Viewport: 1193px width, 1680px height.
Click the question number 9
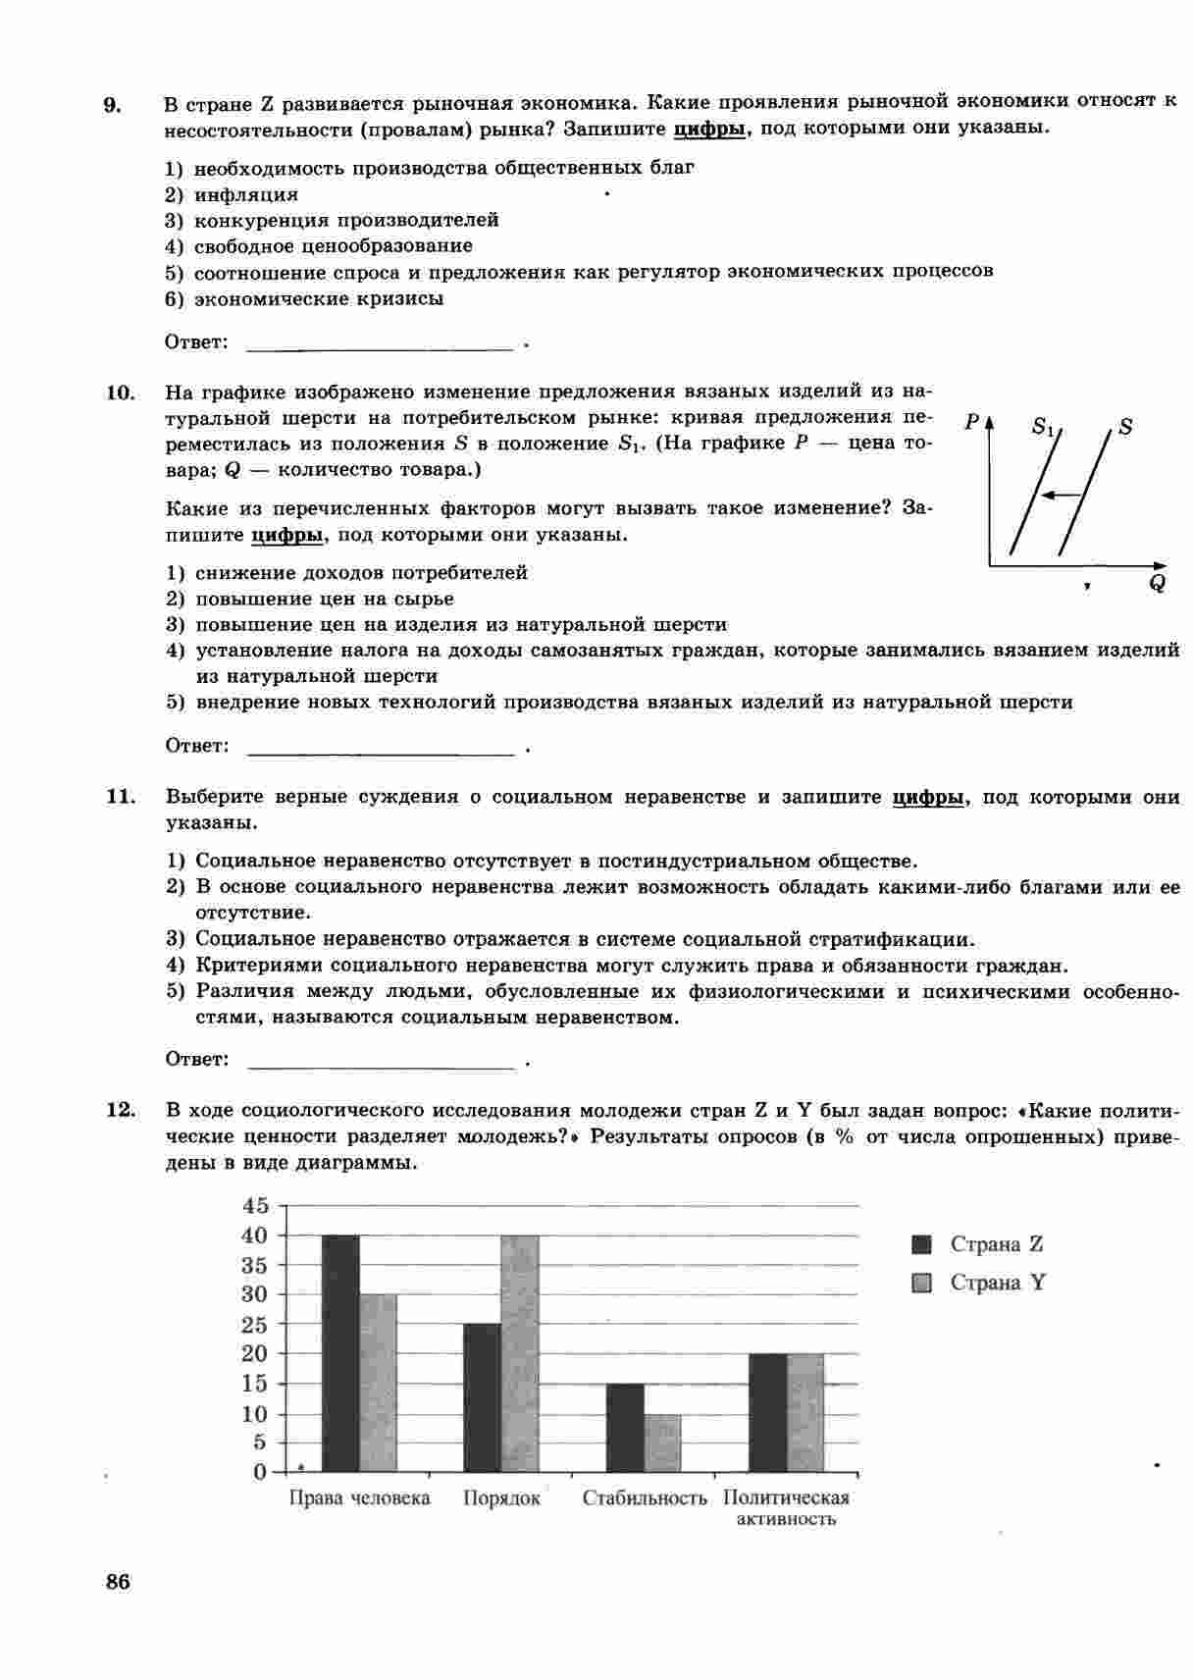tap(113, 105)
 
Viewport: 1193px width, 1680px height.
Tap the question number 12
tap(119, 1110)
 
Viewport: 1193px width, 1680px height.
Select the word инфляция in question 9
tap(245, 194)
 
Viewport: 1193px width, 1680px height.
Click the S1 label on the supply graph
tap(1045, 428)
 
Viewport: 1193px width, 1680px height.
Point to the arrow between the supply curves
tap(1060, 495)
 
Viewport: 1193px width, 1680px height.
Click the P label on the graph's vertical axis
tap(972, 422)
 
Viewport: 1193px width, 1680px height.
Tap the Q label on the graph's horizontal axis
tap(1158, 583)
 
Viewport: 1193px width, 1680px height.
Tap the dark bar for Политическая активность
tap(767, 1412)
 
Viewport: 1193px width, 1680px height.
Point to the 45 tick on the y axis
tap(254, 1205)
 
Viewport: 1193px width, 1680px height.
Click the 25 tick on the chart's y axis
tap(254, 1325)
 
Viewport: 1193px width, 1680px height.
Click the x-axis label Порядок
tap(501, 1498)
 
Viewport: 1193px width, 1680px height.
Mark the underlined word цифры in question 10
tap(286, 535)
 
